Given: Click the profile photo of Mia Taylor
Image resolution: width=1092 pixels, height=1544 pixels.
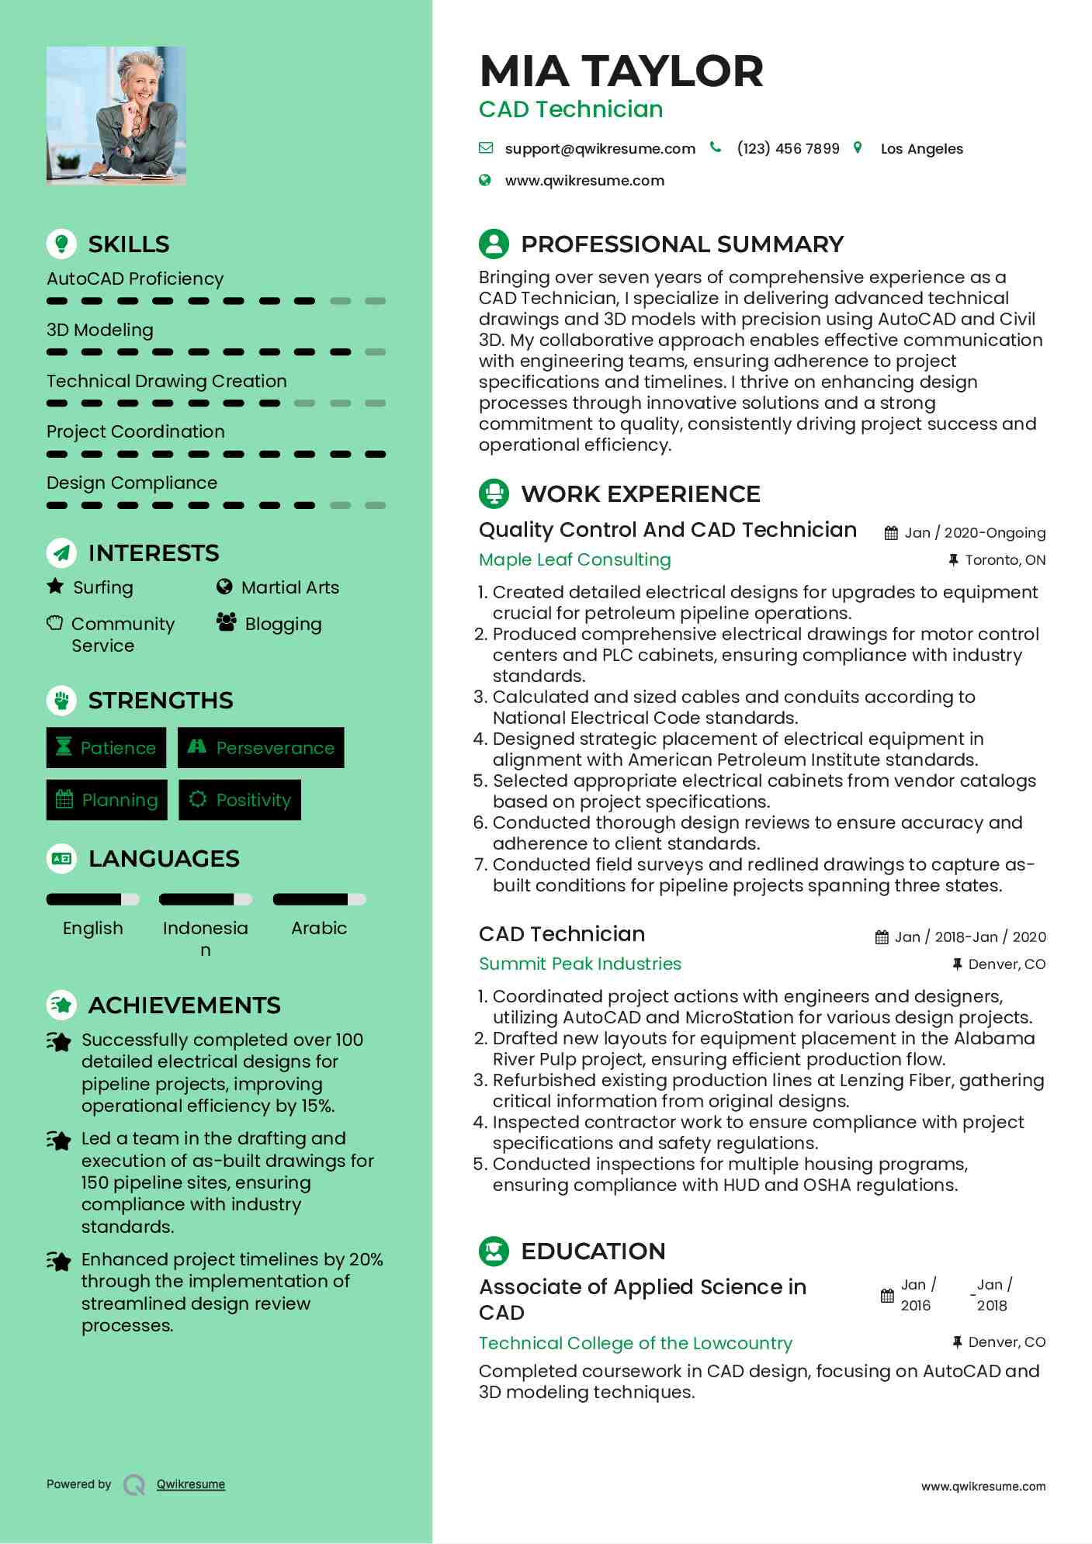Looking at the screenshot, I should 116,115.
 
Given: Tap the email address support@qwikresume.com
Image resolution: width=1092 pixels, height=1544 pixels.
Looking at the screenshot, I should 599,149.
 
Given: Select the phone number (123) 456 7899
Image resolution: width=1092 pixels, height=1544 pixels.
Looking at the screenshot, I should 788,149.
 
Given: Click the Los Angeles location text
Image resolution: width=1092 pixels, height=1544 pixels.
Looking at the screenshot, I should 921,149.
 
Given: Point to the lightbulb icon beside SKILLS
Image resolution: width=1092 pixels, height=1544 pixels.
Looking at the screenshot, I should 61,244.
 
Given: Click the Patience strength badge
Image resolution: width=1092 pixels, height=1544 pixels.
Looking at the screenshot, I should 106,748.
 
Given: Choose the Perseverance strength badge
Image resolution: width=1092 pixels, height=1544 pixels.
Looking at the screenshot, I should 261,748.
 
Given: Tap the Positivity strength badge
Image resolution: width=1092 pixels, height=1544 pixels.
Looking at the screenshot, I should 240,800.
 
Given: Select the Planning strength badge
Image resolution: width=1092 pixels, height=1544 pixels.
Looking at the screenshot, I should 107,800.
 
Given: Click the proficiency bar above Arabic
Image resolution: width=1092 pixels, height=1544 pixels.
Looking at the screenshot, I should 319,900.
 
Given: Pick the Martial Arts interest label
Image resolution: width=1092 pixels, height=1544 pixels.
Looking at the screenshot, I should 289,587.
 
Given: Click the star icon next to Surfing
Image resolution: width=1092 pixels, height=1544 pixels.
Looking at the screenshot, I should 55,587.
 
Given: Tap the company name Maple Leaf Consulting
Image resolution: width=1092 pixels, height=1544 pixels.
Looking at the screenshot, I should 574,559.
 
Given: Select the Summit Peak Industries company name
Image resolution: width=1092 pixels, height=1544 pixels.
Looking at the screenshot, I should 580,964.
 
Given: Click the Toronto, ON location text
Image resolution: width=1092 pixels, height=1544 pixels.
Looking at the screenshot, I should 1004,560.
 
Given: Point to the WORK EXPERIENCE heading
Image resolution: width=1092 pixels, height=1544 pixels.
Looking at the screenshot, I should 640,493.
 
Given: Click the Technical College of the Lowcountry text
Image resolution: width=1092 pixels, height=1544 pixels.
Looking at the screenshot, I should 635,1343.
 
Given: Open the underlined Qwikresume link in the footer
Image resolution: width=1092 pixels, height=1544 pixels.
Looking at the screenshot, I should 191,1484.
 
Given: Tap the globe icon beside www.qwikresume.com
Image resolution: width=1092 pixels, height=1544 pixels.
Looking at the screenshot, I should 485,181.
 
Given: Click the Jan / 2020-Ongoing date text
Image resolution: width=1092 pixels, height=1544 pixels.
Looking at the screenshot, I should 975,533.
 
